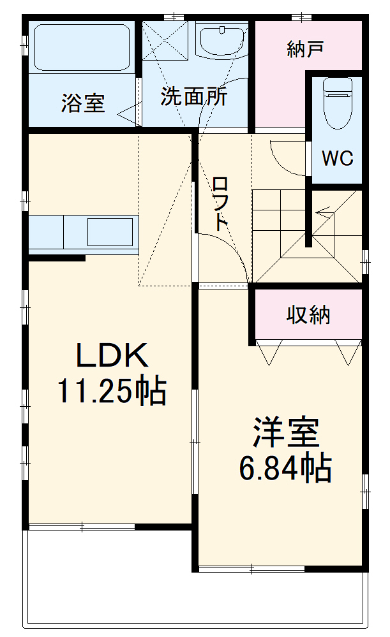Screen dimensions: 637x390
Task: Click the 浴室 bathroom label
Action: tap(83, 104)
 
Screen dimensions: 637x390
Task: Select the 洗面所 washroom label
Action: tap(193, 97)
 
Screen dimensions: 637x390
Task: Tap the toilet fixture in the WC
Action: tap(337, 102)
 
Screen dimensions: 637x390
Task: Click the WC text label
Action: tap(337, 159)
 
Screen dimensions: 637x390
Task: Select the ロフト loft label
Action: tap(220, 203)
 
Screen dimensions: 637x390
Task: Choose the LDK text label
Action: tap(112, 356)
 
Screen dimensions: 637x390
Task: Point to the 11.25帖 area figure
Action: tap(112, 391)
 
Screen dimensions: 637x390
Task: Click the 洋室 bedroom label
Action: tap(285, 434)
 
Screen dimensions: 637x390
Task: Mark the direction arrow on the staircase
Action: tap(324, 209)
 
